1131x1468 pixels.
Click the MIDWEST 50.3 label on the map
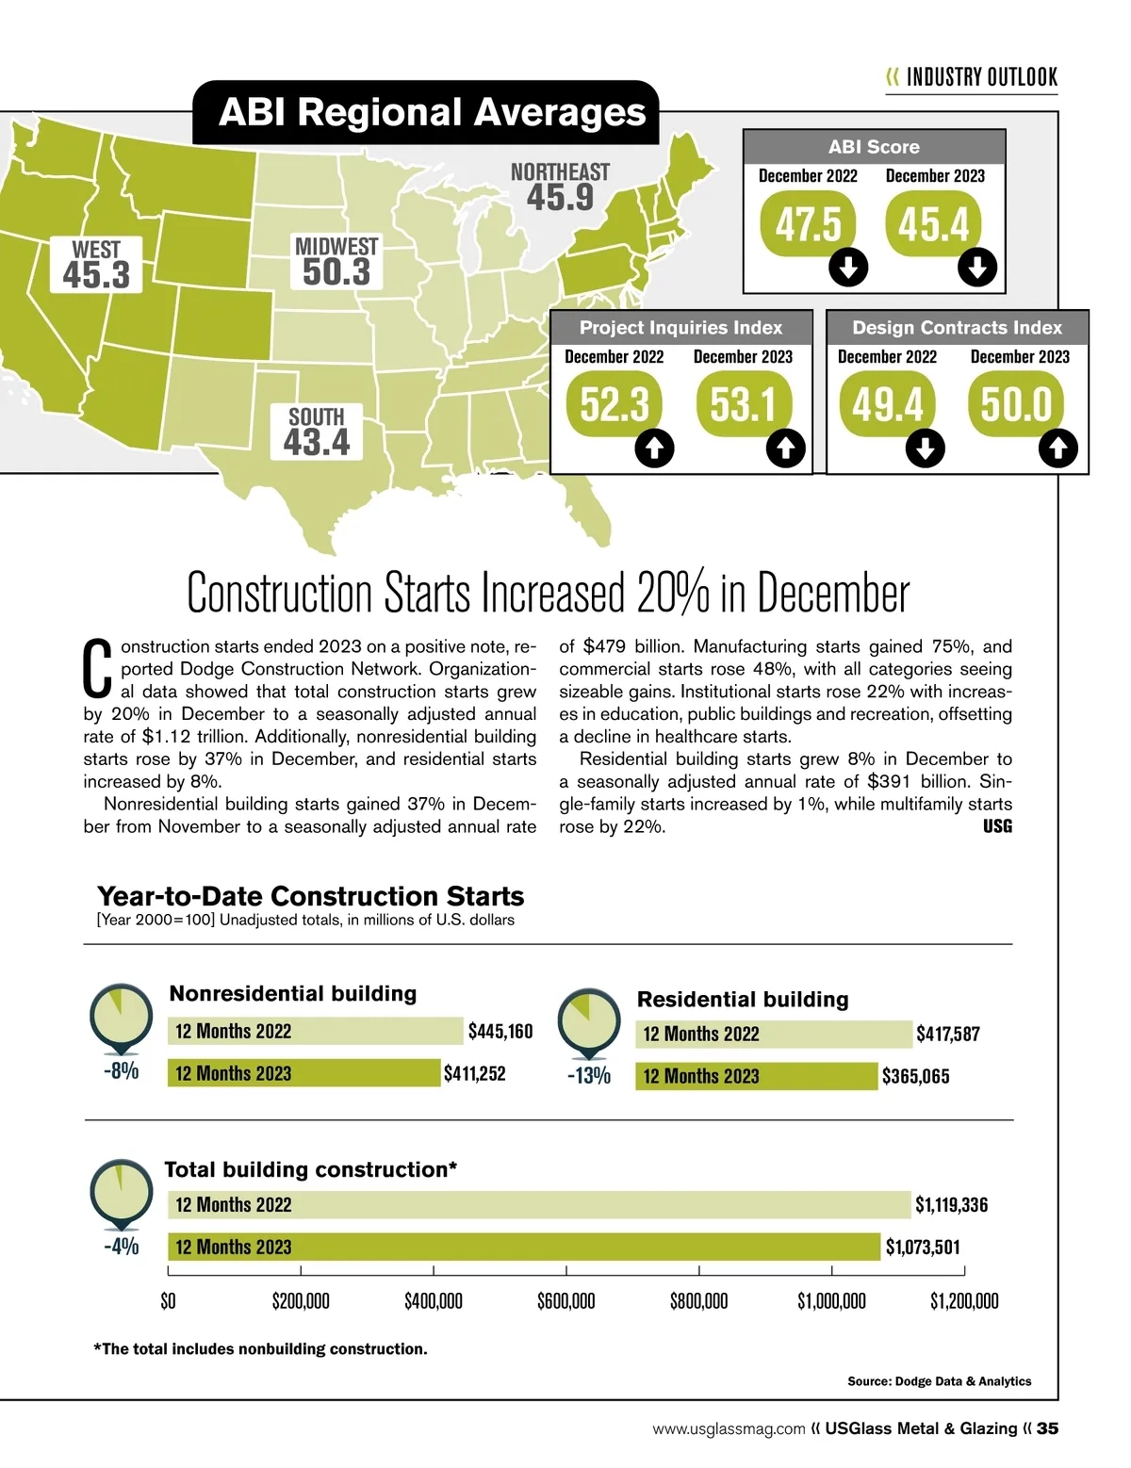[336, 262]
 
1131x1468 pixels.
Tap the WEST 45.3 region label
[96, 265]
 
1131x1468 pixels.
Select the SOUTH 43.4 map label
[317, 432]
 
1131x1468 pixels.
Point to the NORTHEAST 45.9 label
[560, 187]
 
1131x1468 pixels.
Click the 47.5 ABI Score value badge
[808, 224]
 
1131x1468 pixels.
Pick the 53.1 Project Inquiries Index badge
[743, 405]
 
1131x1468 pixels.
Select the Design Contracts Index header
[957, 328]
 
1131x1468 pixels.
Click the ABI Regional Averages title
[433, 113]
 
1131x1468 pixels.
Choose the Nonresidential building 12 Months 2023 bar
[303, 1073]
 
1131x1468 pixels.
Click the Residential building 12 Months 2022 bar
[774, 1034]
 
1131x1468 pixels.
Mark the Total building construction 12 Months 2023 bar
[524, 1247]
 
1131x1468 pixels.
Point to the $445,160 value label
[500, 1031]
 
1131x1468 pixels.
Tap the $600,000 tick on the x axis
[566, 1301]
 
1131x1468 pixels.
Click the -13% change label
[589, 1075]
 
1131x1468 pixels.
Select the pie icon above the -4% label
[121, 1191]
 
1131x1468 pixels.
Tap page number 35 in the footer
[1047, 1428]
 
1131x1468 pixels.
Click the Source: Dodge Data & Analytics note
[939, 1381]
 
